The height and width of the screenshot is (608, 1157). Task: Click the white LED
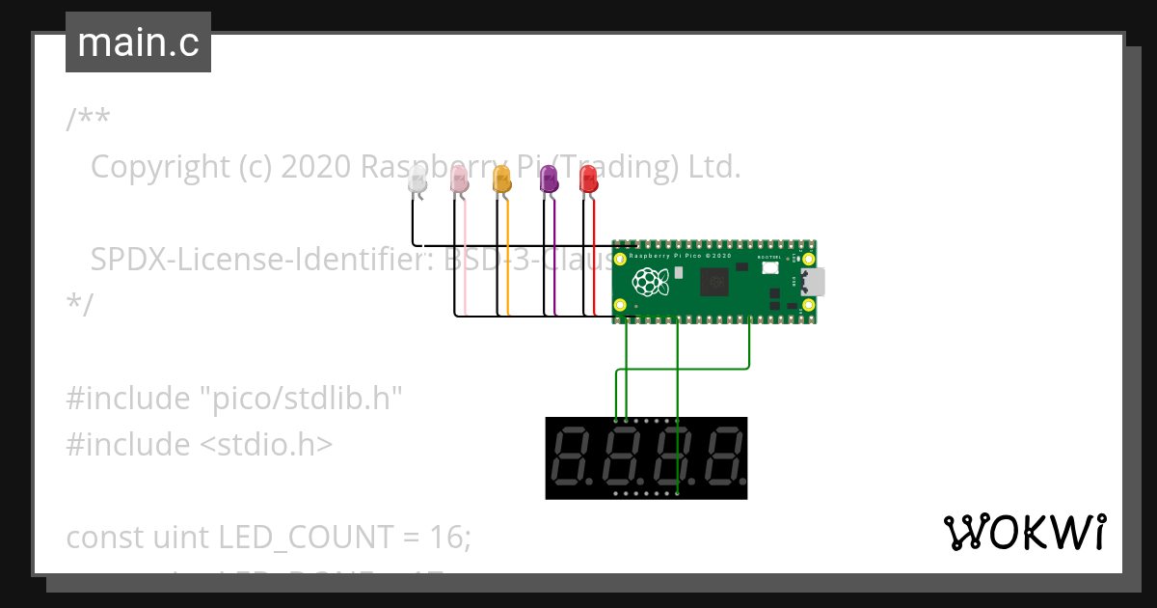[x=417, y=180]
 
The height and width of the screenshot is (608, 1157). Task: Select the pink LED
[x=460, y=179]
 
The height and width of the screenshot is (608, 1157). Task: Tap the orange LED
[x=501, y=179]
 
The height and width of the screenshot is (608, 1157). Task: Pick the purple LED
[x=548, y=178]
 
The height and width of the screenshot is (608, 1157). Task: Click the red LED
[x=587, y=179]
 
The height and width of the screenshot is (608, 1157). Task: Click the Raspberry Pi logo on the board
[x=649, y=282]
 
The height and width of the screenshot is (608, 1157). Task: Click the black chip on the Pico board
[x=715, y=281]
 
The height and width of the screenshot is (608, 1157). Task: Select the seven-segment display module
[x=646, y=457]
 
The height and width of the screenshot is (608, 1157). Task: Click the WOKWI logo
[x=1024, y=532]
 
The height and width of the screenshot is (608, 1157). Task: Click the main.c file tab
[x=138, y=42]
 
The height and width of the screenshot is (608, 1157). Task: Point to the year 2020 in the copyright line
[x=315, y=167]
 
